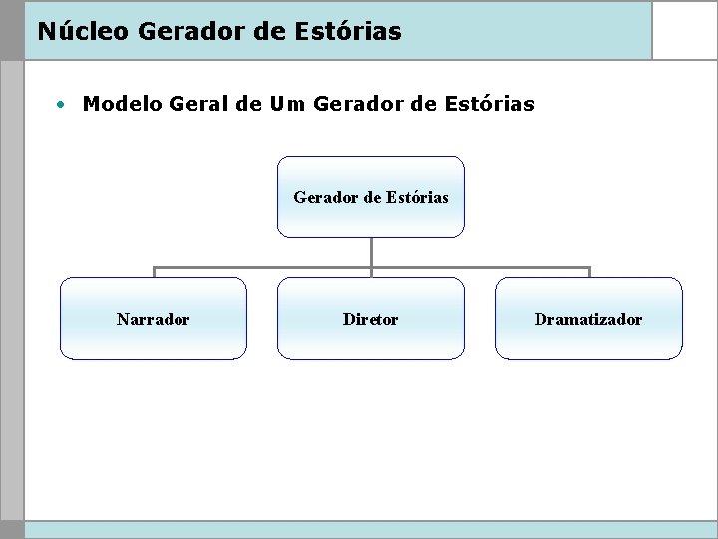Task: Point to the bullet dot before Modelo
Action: click(62, 104)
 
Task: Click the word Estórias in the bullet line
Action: click(489, 104)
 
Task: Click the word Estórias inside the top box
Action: click(418, 197)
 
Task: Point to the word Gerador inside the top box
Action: click(325, 197)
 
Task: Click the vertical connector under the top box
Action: click(371, 252)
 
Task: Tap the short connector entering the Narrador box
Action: click(154, 272)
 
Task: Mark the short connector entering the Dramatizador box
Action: click(589, 272)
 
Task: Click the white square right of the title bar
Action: click(684, 30)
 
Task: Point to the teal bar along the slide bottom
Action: click(369, 529)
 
